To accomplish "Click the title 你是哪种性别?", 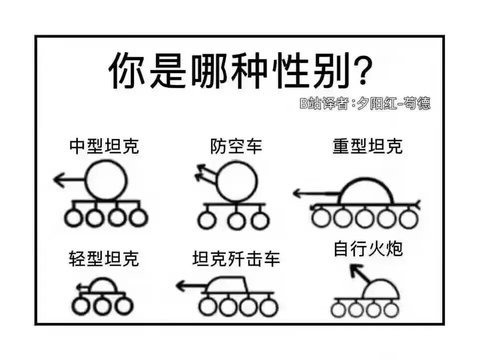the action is (x=240, y=70).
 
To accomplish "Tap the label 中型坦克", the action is (x=104, y=146).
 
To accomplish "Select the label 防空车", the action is (x=236, y=146).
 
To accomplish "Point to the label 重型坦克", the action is (x=368, y=146).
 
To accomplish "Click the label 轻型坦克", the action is (x=104, y=259).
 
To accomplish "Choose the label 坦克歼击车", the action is (x=236, y=259).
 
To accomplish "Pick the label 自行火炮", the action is (x=368, y=248).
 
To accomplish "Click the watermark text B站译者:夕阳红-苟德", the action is (x=365, y=103).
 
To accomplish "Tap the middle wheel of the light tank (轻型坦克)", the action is (x=102, y=306).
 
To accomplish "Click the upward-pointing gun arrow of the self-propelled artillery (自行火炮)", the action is (x=360, y=274).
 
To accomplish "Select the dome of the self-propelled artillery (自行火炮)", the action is (x=381, y=280).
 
